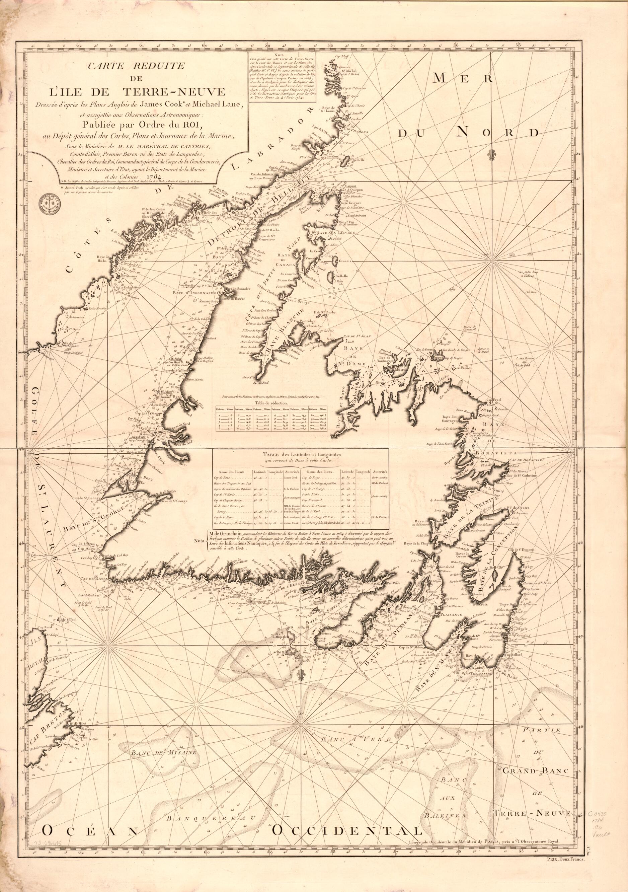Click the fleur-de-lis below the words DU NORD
[492, 153]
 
